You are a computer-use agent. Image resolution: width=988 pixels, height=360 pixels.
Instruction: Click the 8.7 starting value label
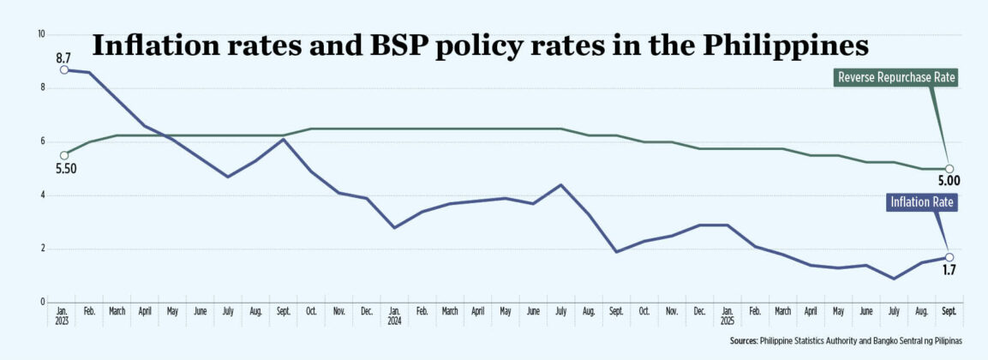click(63, 57)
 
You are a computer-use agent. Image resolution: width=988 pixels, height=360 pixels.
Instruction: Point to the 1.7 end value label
click(949, 270)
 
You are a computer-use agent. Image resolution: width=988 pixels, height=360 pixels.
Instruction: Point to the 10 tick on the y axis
click(39, 34)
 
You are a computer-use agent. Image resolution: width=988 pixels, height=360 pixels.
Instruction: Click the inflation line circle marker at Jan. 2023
click(64, 69)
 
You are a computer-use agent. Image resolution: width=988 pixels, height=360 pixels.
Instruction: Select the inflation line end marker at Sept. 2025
click(949, 257)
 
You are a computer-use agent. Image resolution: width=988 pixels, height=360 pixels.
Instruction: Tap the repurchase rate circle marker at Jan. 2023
click(64, 155)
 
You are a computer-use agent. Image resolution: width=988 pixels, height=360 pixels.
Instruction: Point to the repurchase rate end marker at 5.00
click(949, 169)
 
